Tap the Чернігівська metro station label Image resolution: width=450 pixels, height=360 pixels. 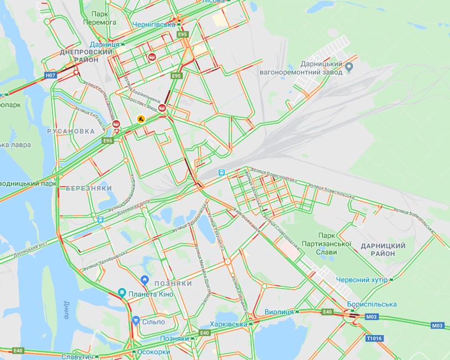click(153, 24)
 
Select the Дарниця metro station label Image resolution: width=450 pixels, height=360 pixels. click(105, 43)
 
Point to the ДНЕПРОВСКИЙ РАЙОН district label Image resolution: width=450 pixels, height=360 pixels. click(86, 55)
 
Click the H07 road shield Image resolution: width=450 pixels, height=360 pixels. click(51, 75)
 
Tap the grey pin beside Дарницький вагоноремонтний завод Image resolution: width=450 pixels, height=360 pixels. click(349, 68)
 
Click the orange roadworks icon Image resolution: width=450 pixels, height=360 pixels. click(141, 119)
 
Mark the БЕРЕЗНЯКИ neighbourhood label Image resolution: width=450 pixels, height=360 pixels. click(85, 188)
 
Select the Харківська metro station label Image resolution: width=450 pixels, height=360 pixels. click(228, 324)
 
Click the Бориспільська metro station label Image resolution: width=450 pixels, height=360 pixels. click(372, 304)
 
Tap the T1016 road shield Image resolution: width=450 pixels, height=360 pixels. click(374, 338)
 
